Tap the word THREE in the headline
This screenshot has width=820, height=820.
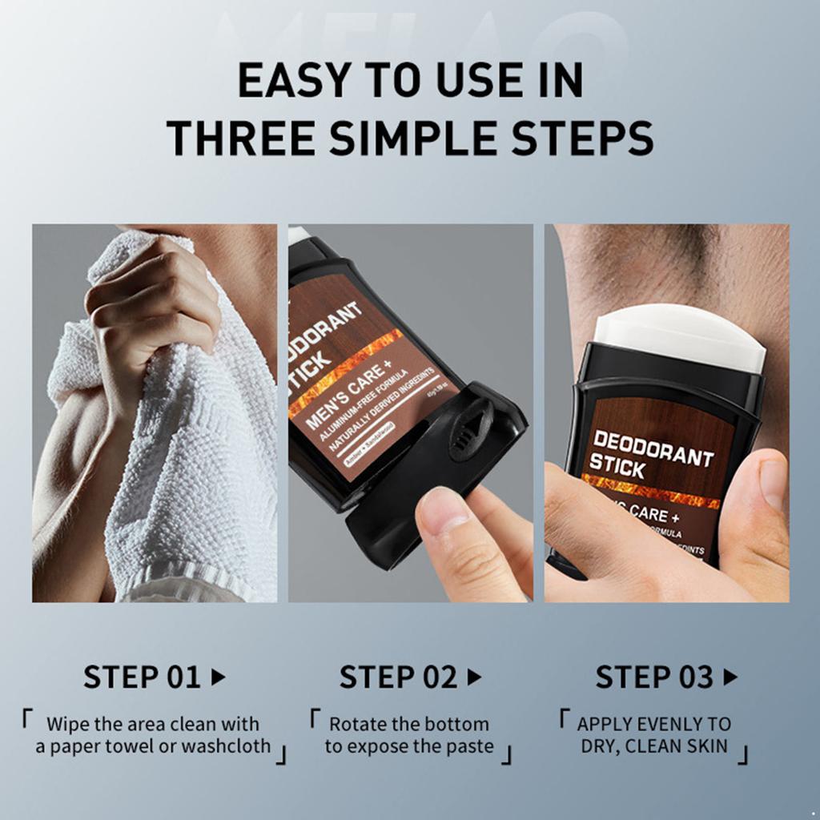241,137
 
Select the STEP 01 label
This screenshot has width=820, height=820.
142,677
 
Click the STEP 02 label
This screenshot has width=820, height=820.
398,677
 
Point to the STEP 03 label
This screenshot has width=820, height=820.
653,677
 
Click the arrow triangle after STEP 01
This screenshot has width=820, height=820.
218,677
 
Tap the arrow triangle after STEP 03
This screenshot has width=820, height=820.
730,677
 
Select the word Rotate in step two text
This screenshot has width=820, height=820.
357,724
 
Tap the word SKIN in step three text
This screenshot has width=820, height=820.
704,747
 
